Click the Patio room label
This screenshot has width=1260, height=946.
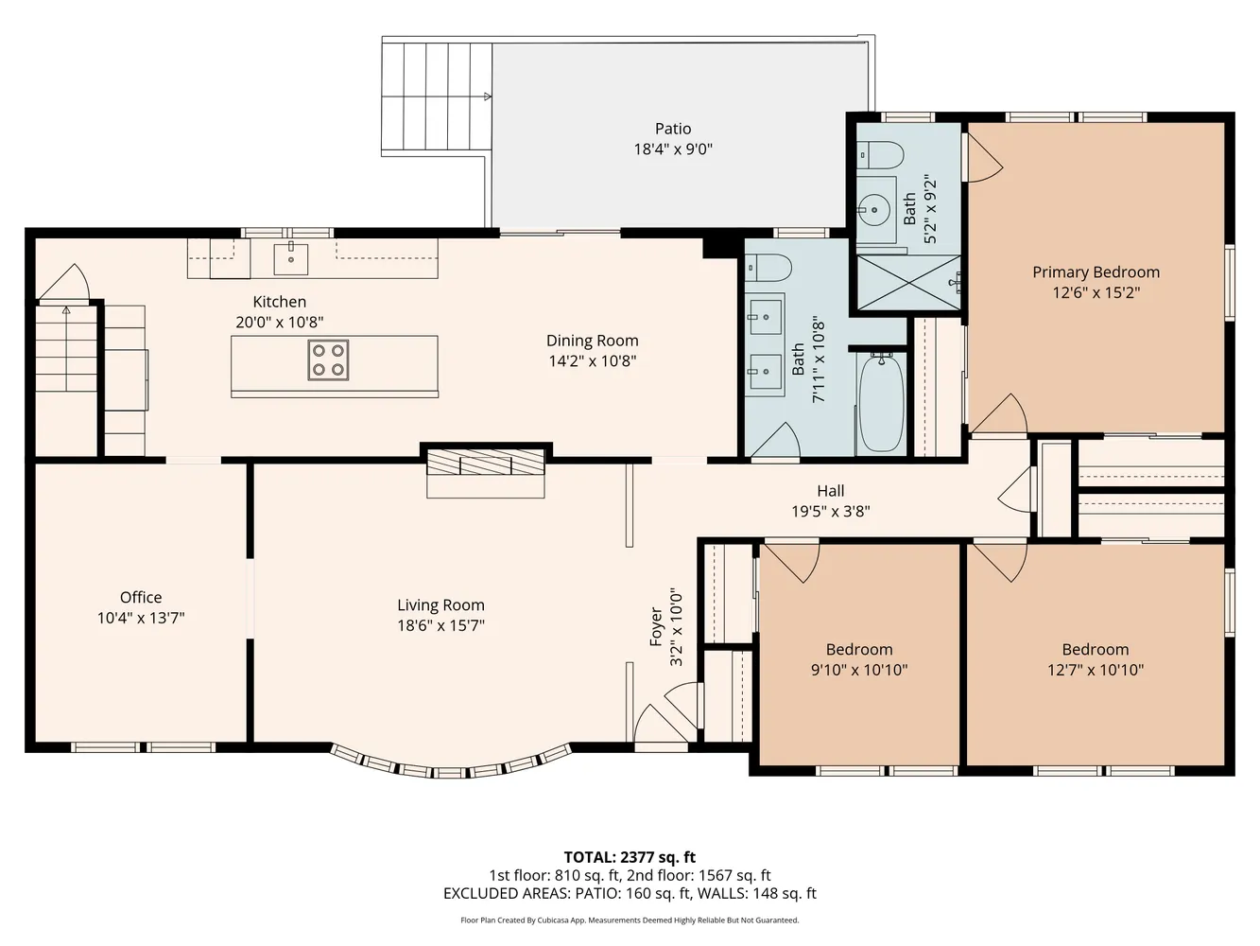tap(673, 128)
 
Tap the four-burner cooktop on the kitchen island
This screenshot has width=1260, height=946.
tap(328, 360)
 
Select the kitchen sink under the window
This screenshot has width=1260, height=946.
tap(290, 259)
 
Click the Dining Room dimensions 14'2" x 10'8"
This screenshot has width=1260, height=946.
tap(593, 360)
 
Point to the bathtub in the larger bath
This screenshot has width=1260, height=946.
tap(880, 404)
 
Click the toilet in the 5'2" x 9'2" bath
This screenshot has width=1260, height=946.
tap(881, 155)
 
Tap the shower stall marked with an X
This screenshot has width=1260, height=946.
tap(908, 283)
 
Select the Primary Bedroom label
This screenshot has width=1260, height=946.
tap(1096, 272)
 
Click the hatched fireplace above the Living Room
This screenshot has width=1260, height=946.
tap(486, 462)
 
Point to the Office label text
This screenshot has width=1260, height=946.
tap(141, 597)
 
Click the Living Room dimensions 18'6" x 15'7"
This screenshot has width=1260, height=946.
tap(440, 625)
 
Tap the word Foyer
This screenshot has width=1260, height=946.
tap(656, 626)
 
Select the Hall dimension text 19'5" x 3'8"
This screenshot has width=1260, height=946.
tap(831, 511)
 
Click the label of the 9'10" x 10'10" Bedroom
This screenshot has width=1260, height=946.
tap(859, 649)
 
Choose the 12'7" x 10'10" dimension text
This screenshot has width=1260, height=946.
tap(1096, 670)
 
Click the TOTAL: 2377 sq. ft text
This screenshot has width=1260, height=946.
tap(630, 857)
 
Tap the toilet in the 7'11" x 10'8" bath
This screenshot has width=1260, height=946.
tap(768, 267)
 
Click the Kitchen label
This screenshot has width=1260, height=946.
tap(280, 302)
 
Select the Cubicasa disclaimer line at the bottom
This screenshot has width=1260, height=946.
tap(630, 920)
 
